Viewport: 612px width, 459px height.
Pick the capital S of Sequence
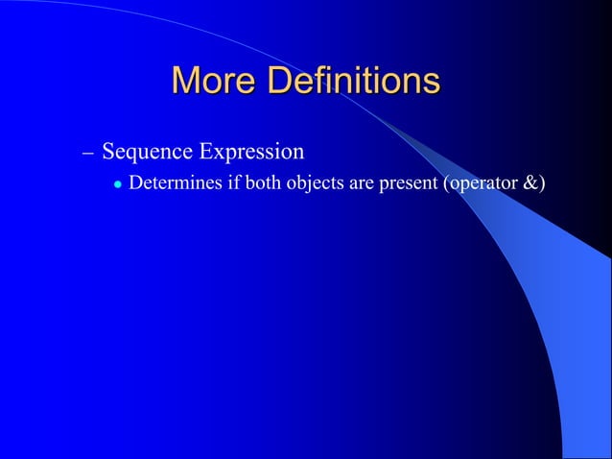pos(107,153)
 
